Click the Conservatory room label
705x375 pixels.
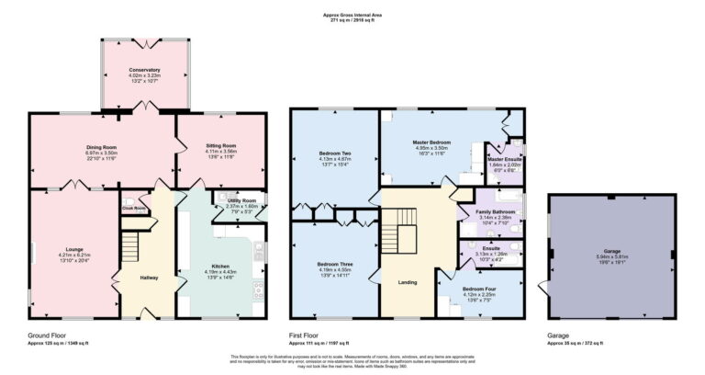[144, 70]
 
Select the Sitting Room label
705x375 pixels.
[221, 145]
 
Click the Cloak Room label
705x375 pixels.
[134, 208]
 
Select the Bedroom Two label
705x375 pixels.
[334, 152]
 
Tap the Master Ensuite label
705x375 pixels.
[505, 160]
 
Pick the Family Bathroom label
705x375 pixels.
[496, 212]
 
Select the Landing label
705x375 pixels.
[409, 283]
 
